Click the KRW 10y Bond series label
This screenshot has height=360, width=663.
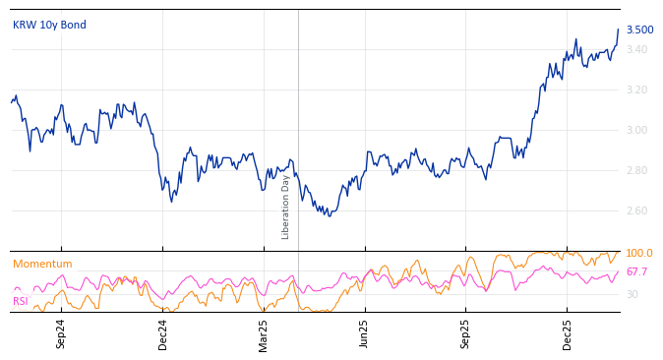pos(49,25)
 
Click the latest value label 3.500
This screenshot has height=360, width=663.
pos(639,30)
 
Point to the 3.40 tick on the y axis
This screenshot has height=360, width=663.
pos(636,49)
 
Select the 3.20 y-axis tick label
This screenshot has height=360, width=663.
pos(636,90)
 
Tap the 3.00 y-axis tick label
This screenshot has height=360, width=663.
pos(636,130)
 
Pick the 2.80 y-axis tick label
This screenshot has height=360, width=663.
pos(636,170)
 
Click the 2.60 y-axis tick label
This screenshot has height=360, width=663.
pos(636,210)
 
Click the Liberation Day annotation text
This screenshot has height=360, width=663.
pos(286,207)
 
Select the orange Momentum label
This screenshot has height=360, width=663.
pos(42,264)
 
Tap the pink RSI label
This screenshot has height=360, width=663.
pos(20,301)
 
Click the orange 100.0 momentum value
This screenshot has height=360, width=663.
pos(639,254)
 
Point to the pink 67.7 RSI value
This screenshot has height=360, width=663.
pos(636,271)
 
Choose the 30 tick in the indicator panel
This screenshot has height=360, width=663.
pos(633,294)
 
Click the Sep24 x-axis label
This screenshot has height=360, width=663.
pos(61,333)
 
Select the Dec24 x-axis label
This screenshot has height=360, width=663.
pos(162,333)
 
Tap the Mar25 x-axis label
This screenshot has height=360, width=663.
pos(264,333)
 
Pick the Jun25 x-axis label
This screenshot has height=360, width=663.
pos(364,333)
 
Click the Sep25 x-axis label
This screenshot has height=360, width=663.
pos(465,333)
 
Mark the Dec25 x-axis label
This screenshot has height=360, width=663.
pos(567,333)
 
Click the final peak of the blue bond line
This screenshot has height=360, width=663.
pos(618,30)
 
